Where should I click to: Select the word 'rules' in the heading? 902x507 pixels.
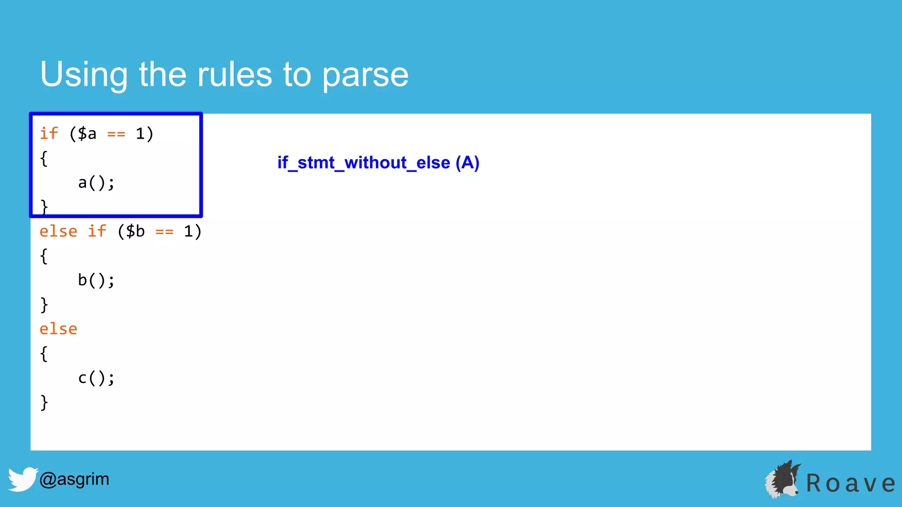click(x=234, y=75)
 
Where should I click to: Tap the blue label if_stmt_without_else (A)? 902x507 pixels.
click(x=378, y=163)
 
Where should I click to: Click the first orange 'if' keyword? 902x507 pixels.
click(x=49, y=133)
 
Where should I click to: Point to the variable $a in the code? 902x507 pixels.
click(x=87, y=134)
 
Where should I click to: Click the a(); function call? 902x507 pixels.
click(x=96, y=183)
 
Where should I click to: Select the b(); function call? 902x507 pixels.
click(x=96, y=280)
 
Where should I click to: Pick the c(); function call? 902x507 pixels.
click(x=96, y=378)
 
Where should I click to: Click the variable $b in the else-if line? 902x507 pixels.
click(x=135, y=231)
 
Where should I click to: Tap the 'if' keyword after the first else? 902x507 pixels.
click(x=97, y=231)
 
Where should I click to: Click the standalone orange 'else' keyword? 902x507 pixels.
click(x=58, y=329)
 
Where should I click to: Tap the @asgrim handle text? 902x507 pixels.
click(x=74, y=479)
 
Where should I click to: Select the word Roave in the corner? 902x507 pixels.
click(x=850, y=483)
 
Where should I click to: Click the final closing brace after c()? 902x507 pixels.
click(x=44, y=402)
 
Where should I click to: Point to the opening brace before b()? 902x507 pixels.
click(x=44, y=256)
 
